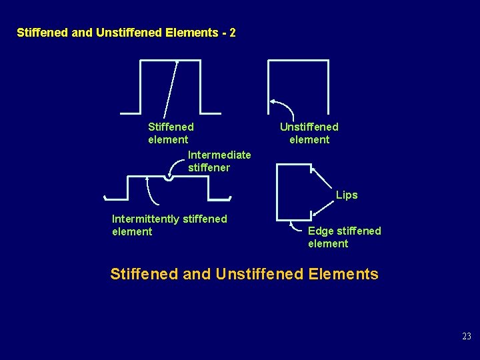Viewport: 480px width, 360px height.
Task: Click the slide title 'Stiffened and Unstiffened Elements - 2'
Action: pyautogui.click(x=126, y=33)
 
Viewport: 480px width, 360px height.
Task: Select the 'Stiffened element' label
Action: pyautogui.click(x=171, y=133)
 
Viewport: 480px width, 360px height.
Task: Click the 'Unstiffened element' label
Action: pyautogui.click(x=309, y=133)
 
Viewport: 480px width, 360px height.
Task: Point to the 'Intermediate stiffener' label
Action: pyautogui.click(x=219, y=161)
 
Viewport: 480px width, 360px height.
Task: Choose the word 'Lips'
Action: pyautogui.click(x=347, y=195)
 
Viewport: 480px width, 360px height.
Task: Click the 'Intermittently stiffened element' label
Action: pyautogui.click(x=169, y=225)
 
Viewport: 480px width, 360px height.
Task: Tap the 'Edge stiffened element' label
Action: pyautogui.click(x=344, y=237)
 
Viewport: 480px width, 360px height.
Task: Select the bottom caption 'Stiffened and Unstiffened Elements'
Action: pyautogui.click(x=244, y=274)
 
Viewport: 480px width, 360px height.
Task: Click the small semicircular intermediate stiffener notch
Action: pyautogui.click(x=169, y=177)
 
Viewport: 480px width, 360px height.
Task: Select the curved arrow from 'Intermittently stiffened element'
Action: pyautogui.click(x=151, y=193)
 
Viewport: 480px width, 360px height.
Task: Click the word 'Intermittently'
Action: pyautogui.click(x=145, y=219)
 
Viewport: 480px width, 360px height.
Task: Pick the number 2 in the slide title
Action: pyautogui.click(x=232, y=33)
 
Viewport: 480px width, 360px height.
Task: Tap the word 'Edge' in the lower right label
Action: pyautogui.click(x=321, y=231)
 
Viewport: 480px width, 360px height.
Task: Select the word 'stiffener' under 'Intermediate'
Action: pyautogui.click(x=209, y=168)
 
